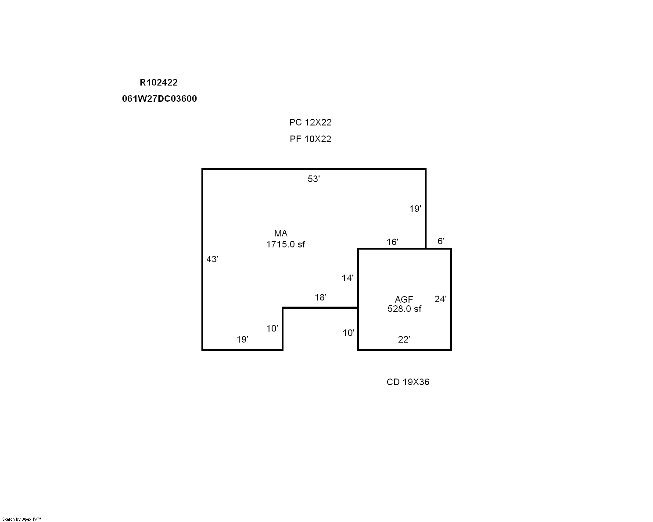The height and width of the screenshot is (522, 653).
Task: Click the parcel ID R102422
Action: point(158,82)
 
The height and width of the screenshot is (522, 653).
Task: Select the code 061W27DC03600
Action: point(159,99)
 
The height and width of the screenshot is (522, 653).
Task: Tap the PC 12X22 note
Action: point(310,122)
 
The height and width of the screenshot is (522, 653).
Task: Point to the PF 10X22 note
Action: point(310,139)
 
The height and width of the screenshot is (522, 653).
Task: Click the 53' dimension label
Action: point(314,179)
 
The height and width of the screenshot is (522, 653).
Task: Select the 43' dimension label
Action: point(212,259)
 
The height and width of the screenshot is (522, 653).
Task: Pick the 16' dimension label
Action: point(392,242)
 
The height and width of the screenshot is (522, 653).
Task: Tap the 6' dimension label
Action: point(441,241)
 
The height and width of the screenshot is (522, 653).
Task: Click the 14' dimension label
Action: point(348,278)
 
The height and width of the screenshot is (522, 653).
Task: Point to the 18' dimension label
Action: point(320,297)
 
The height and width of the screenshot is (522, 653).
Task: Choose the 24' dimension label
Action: point(441,299)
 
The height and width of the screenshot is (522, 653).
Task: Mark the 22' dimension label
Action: point(404,340)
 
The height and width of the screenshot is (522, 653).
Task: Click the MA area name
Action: point(281,233)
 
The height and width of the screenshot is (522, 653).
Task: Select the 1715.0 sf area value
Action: point(285,244)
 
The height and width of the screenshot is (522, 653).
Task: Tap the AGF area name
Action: point(404,299)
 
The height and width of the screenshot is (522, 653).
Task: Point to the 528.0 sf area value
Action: point(404,309)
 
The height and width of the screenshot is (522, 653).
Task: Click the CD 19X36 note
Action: point(408,382)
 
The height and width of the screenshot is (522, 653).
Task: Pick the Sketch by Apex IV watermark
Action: point(22,519)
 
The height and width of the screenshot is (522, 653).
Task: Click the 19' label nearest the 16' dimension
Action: point(415,209)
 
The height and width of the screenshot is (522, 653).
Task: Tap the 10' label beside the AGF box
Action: point(348,333)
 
